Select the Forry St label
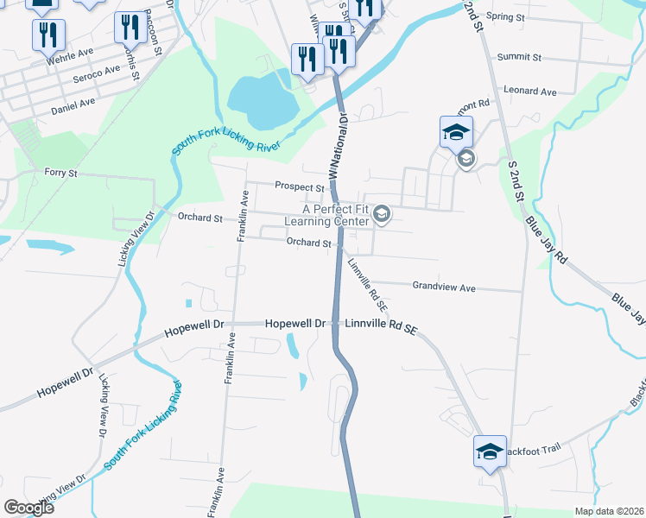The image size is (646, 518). click(x=60, y=173)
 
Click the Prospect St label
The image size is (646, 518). click(x=299, y=186)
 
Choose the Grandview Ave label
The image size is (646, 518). click(x=444, y=287)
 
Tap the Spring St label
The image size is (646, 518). click(x=506, y=16)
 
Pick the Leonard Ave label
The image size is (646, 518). click(x=530, y=91)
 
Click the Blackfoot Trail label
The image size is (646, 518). click(x=533, y=448)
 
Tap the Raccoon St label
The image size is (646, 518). click(x=155, y=33)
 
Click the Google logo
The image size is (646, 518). click(x=28, y=508)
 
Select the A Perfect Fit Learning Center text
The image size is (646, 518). click(x=336, y=215)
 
